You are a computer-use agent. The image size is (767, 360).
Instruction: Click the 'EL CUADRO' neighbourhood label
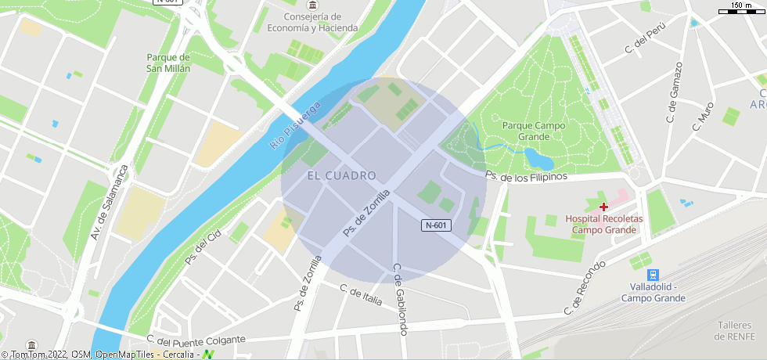click(342, 175)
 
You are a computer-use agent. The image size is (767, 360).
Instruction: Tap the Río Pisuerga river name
click(296, 125)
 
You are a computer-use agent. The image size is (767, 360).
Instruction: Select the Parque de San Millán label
click(168, 63)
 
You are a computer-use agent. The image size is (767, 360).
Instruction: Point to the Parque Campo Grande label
click(534, 131)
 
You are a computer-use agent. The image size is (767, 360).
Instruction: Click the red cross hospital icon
click(603, 207)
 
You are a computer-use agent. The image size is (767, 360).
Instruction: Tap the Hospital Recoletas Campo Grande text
click(603, 224)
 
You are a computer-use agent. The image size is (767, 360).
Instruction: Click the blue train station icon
click(653, 275)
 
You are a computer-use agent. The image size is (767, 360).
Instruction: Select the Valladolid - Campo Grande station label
click(653, 292)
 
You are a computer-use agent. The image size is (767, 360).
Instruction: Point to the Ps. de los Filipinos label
click(525, 177)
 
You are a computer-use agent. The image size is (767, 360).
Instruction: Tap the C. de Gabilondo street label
click(401, 299)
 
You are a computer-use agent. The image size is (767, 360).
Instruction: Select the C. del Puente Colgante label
click(196, 340)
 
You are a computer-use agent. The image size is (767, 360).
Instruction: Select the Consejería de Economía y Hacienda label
click(312, 22)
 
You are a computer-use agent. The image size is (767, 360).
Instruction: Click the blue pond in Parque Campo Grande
click(538, 158)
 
